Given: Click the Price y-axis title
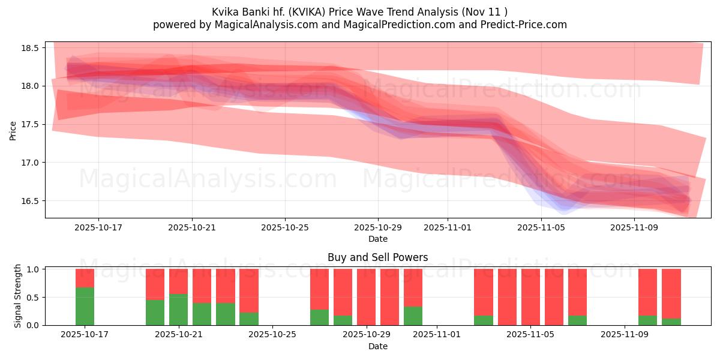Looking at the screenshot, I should point(13,130).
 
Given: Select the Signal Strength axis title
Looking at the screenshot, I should point(18,296).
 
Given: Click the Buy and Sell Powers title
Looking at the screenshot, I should point(378,257).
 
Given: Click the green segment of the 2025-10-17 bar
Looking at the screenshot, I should point(85,307).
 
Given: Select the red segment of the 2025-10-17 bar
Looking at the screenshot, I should point(85,278).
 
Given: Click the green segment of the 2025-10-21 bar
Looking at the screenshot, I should point(178,310).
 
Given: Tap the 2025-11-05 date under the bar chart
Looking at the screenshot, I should point(531,335).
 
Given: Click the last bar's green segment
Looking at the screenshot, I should point(671,322).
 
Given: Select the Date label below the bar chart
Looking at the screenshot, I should point(378,346).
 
